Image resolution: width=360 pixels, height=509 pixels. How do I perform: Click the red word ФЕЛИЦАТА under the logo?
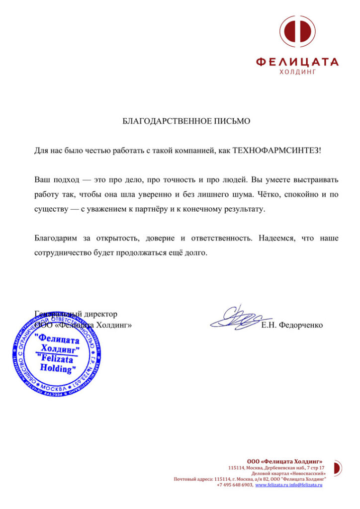[x=297, y=62]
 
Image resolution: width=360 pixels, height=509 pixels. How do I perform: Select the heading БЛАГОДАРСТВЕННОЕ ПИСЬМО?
[x=186, y=121]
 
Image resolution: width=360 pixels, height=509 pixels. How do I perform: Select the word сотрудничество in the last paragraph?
[x=63, y=253]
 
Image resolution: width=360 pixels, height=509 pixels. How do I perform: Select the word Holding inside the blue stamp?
[x=58, y=369]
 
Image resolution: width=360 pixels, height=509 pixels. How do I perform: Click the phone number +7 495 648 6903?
[x=235, y=485]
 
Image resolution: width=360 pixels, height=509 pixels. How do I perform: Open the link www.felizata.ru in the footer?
[x=272, y=485]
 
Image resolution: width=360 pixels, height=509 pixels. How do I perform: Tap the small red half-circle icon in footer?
[x=337, y=467]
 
